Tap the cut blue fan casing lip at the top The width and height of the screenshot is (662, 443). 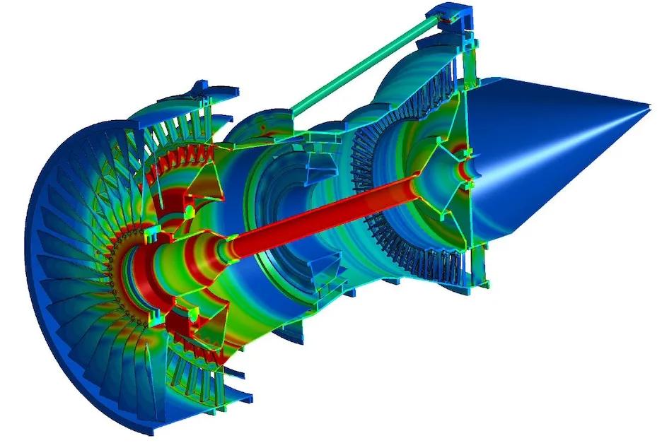click(x=212, y=92)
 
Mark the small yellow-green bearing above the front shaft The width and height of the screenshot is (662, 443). click(x=189, y=211)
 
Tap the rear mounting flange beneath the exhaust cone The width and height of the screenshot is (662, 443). click(x=481, y=283)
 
